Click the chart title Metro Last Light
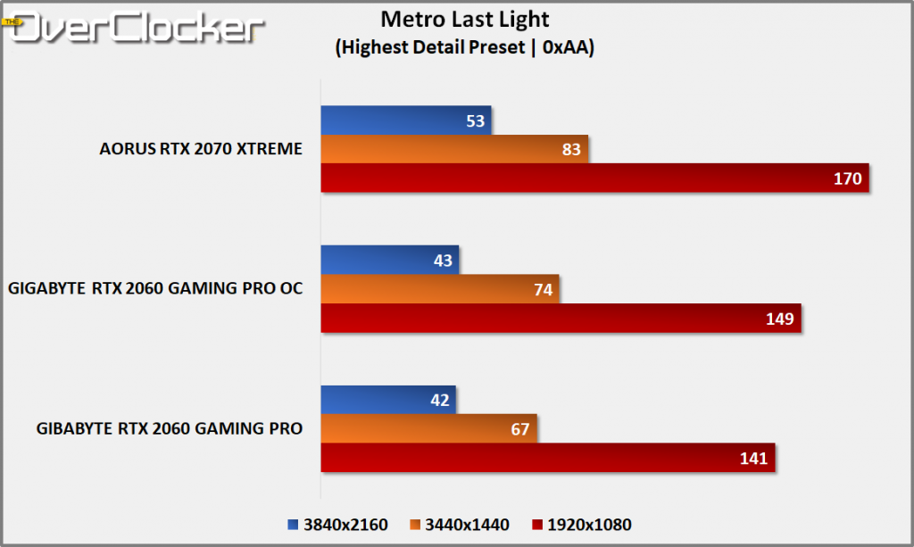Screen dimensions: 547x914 pos(464,20)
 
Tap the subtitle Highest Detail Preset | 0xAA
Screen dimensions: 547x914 pos(465,48)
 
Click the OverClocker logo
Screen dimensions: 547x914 pos(134,27)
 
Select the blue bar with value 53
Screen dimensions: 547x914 pos(406,120)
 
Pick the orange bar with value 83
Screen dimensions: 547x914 pos(454,149)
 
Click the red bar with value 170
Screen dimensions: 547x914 pos(594,178)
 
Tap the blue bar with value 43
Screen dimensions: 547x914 pos(389,261)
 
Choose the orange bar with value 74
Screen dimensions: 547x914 pos(440,289)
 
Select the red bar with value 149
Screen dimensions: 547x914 pos(561,318)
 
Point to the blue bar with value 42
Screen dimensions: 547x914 pos(388,401)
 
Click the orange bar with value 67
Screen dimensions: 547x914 pos(428,429)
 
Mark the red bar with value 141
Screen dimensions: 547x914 pos(547,458)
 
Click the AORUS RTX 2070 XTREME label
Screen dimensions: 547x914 pos(201,149)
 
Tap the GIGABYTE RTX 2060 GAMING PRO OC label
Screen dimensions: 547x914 pos(155,289)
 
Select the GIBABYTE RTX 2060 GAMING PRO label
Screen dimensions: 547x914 pos(170,429)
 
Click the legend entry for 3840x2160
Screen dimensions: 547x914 pos(338,525)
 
